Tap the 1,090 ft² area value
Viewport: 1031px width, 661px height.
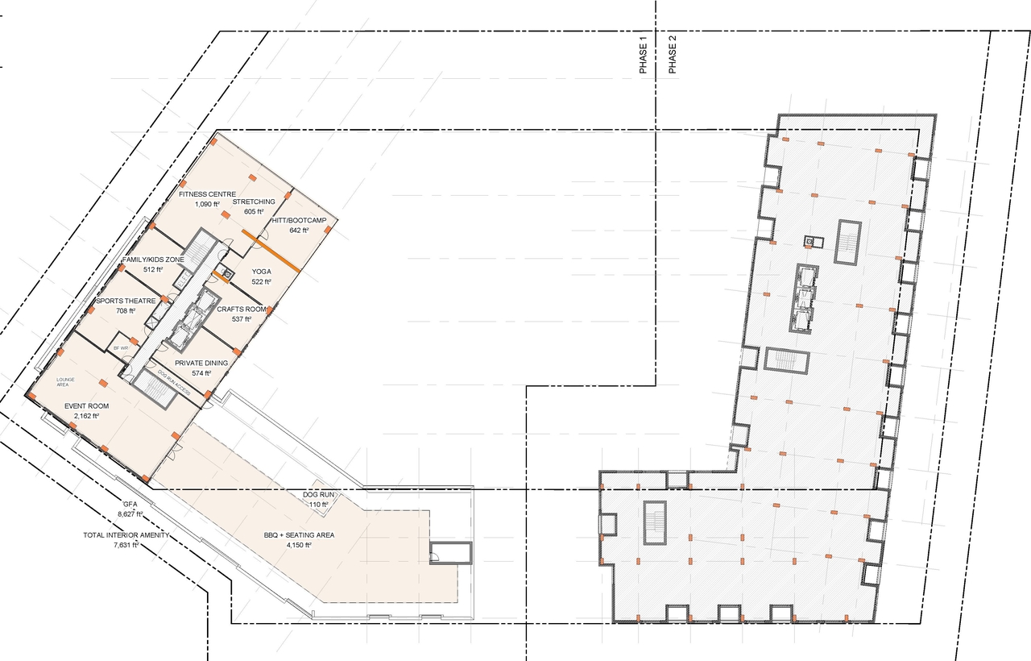pos(207,205)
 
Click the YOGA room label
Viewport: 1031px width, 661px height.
pos(261,272)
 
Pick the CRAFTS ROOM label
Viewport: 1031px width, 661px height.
pos(242,310)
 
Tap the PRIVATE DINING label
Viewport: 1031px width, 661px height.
pos(201,363)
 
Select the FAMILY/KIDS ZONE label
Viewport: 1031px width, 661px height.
pos(153,260)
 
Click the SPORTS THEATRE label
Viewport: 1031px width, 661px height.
pos(125,301)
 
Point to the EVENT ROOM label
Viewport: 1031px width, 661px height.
pos(86,406)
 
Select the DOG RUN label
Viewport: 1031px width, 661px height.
pos(319,494)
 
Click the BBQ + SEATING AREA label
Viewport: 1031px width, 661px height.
pos(299,535)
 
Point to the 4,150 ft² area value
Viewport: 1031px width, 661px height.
pos(298,546)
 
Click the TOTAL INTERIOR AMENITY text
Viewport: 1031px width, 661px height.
pos(125,535)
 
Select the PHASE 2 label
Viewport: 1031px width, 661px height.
pos(673,56)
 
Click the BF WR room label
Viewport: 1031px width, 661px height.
pos(121,347)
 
